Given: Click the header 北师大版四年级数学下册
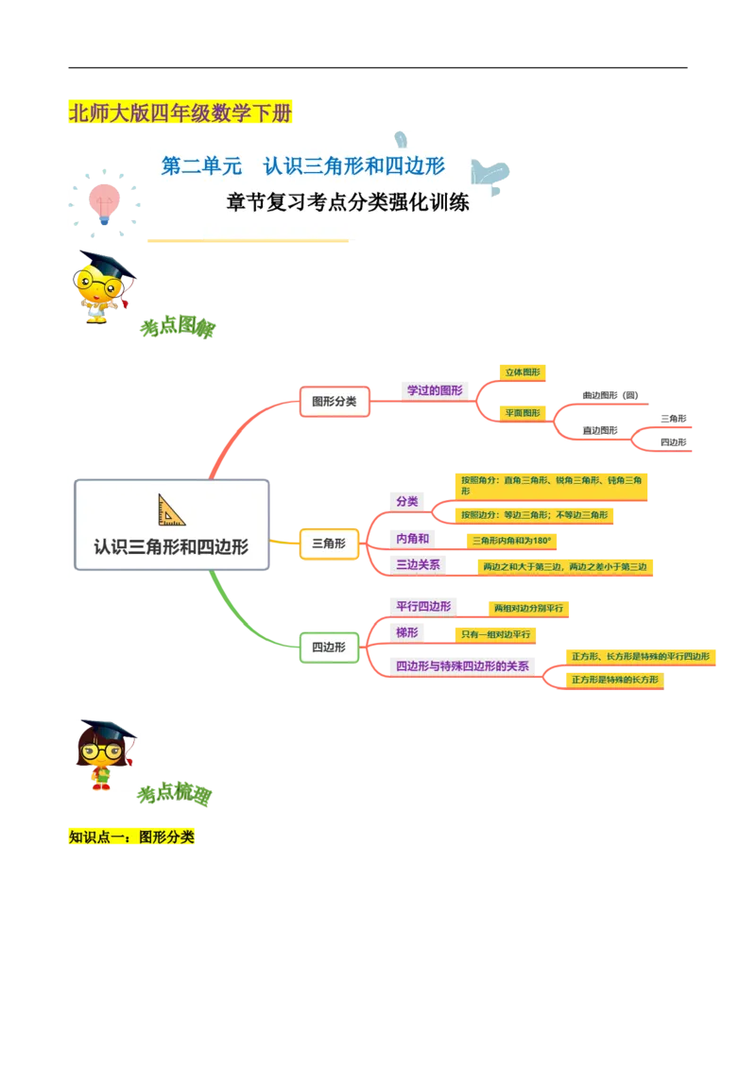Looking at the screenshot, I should click(180, 114).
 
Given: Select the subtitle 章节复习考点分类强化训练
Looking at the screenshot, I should click(348, 202).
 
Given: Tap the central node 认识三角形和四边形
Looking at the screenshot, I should click(171, 545).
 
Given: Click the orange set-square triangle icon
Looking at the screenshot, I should click(171, 509).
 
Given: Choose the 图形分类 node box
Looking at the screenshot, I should click(334, 401).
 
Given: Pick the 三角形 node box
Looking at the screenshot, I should click(328, 544).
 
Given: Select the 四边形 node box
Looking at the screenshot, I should click(328, 647).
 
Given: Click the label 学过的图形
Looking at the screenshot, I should click(435, 389).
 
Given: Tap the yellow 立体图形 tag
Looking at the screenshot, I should click(524, 372).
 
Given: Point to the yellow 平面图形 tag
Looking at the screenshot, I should click(523, 412).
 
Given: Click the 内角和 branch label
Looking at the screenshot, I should click(413, 539).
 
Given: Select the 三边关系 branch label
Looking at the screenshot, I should click(418, 565).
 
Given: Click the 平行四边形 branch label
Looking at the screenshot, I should click(422, 606).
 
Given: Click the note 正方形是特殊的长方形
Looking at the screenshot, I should click(614, 680).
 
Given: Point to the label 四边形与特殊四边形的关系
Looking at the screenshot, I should click(462, 666).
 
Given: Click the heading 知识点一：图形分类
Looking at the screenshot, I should click(131, 837).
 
